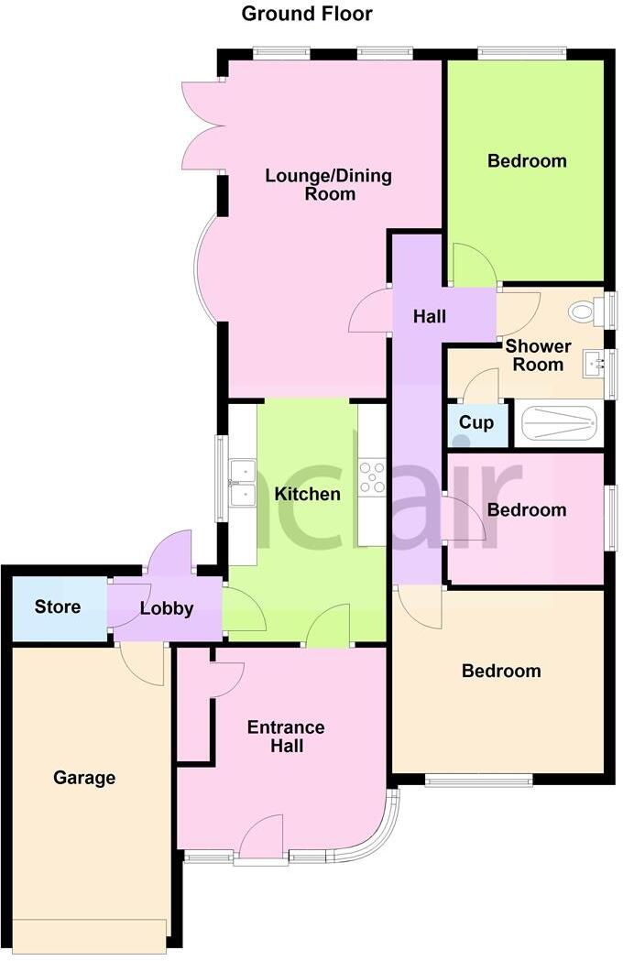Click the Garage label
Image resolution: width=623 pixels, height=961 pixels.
(x=84, y=778)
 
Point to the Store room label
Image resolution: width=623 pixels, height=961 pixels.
(x=58, y=606)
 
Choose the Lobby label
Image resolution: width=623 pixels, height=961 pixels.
(x=167, y=608)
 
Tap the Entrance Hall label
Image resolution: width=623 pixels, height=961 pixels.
(x=286, y=737)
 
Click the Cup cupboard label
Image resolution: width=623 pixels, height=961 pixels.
(x=476, y=422)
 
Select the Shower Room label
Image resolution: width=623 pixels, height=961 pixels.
(x=538, y=355)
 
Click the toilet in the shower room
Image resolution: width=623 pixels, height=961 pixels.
(x=584, y=311)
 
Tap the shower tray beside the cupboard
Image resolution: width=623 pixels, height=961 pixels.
(x=558, y=424)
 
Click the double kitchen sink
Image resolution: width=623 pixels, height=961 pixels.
(x=243, y=483)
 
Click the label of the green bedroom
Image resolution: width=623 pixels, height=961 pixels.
(x=527, y=161)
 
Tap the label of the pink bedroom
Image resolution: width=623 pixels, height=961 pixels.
(x=527, y=510)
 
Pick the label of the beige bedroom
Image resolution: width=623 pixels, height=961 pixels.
(x=501, y=672)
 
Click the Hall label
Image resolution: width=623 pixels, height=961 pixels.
(x=430, y=316)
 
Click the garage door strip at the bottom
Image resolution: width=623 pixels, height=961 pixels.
(x=91, y=934)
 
